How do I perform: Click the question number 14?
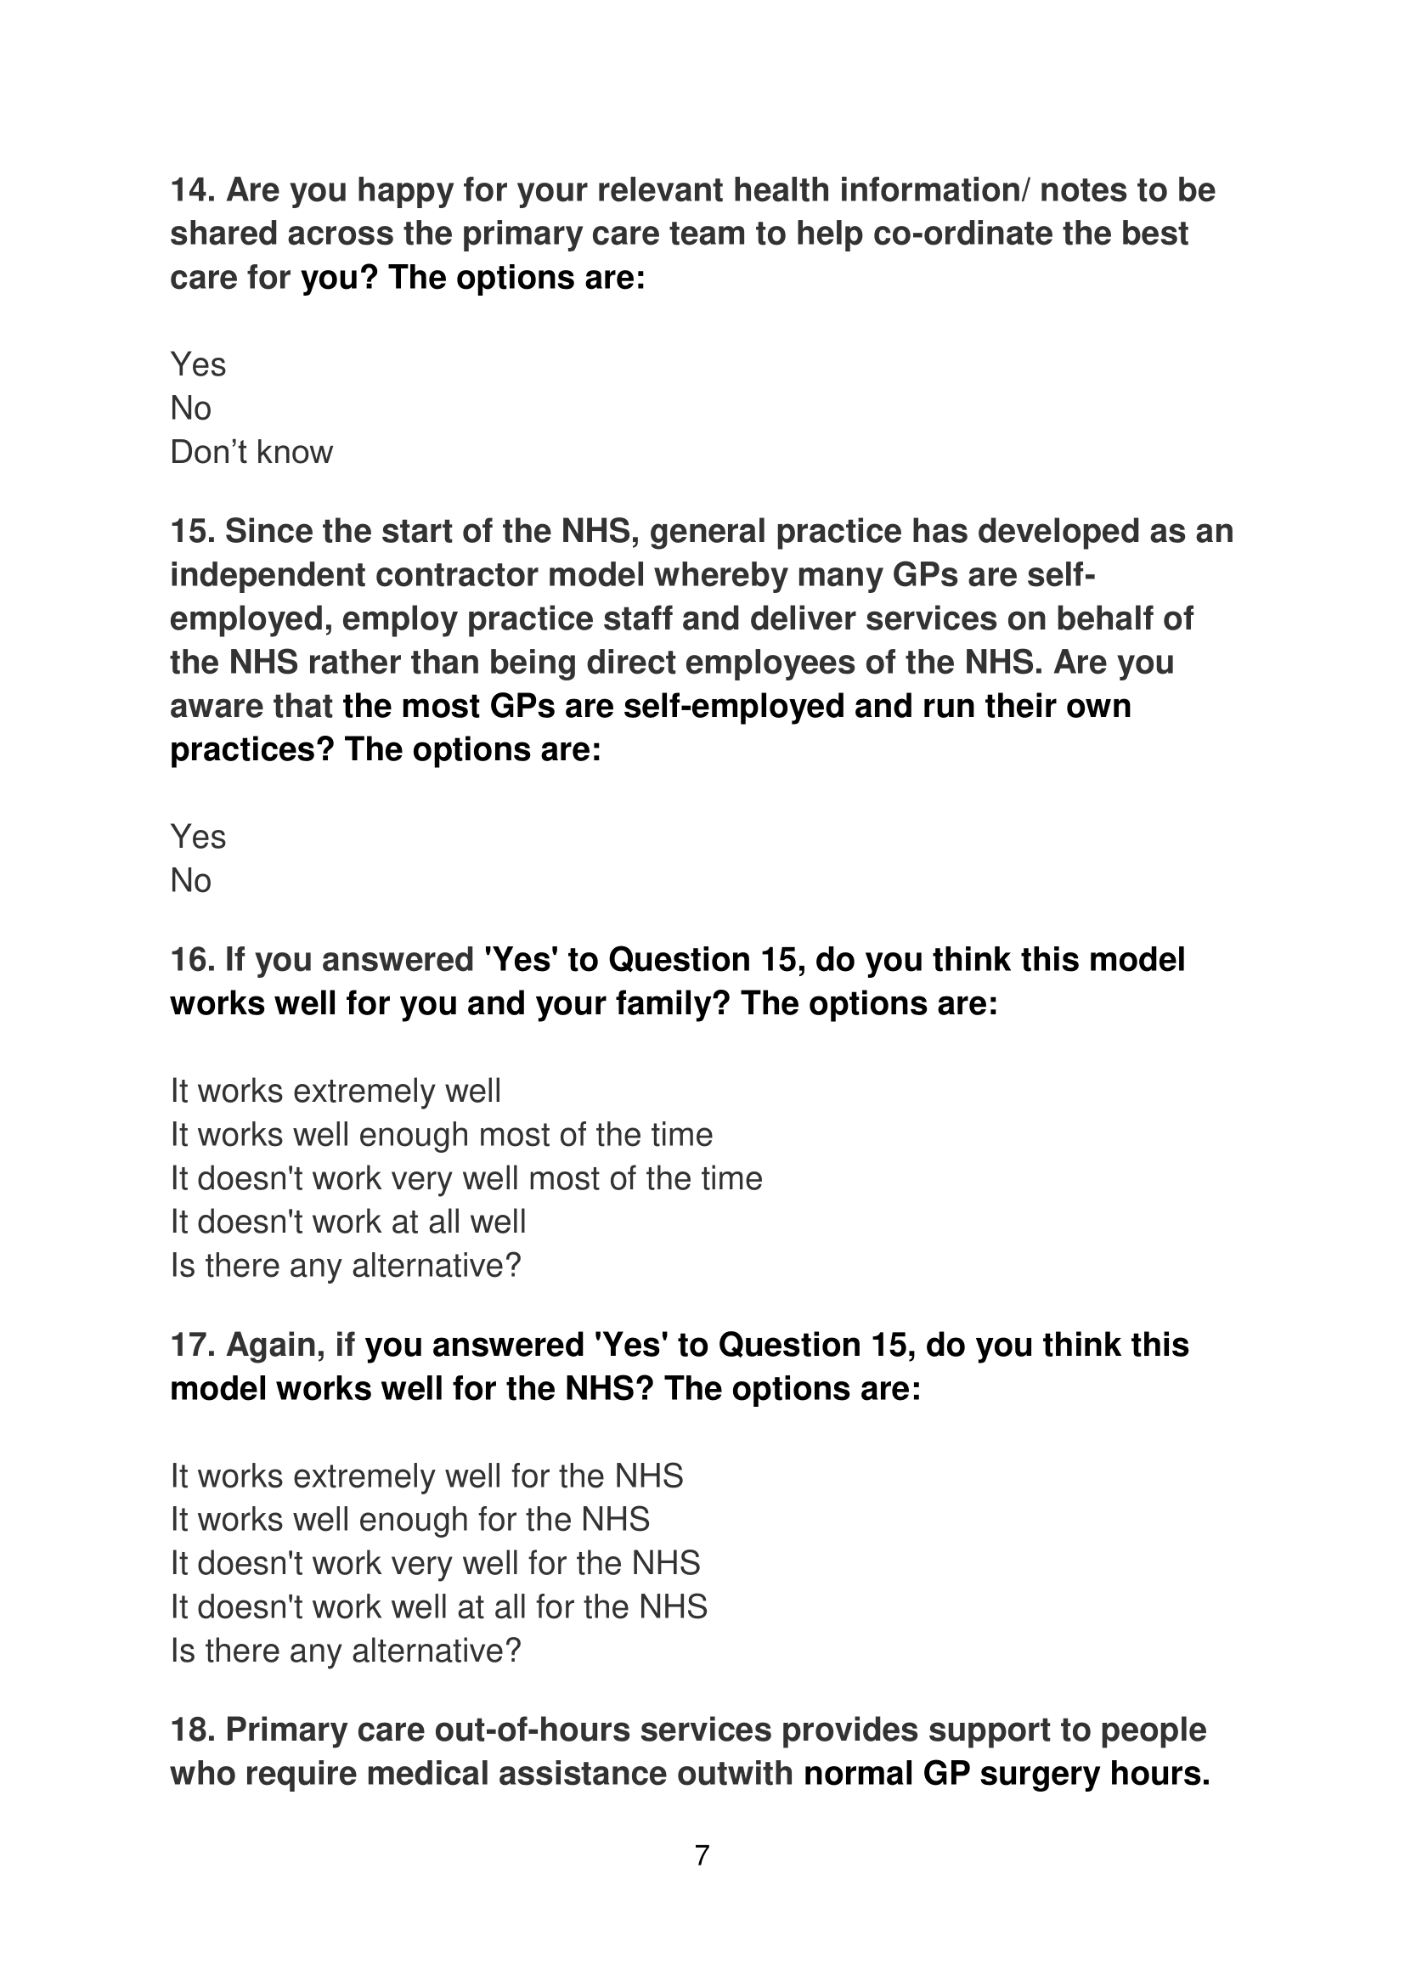click(x=193, y=190)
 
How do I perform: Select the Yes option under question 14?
click(x=198, y=364)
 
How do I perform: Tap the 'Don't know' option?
click(x=251, y=453)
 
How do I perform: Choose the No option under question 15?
click(x=190, y=881)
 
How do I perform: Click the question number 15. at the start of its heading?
click(x=193, y=531)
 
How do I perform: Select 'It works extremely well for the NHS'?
click(x=426, y=1476)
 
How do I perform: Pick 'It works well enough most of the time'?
click(x=441, y=1135)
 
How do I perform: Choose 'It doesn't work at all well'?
click(x=347, y=1222)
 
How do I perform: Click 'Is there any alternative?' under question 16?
click(x=345, y=1266)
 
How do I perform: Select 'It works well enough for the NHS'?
click(x=410, y=1520)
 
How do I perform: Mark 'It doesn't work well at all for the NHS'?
click(x=438, y=1607)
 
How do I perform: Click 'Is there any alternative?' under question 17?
click(x=345, y=1651)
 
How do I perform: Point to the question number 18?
click(x=193, y=1730)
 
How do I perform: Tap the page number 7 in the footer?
click(x=702, y=1855)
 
